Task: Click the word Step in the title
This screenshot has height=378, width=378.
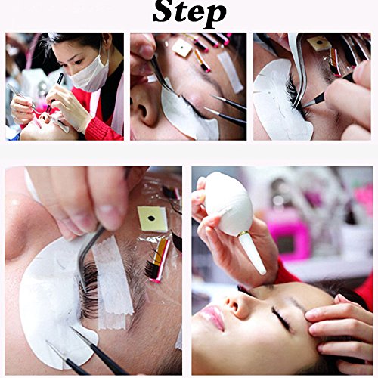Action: (189, 13)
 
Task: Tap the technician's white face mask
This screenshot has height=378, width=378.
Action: (90, 73)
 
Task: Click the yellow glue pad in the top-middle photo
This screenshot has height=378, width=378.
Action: (182, 48)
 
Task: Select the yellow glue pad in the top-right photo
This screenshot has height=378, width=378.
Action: (319, 42)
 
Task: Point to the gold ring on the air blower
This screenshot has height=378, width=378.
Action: (244, 234)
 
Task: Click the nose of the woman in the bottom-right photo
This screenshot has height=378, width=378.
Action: (235, 304)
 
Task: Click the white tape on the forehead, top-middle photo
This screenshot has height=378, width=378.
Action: (230, 72)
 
